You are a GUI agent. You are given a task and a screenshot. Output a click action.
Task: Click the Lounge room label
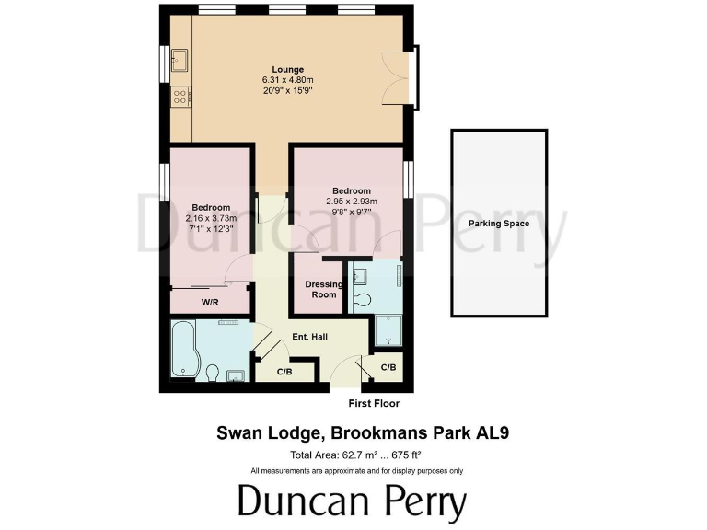(x=287, y=70)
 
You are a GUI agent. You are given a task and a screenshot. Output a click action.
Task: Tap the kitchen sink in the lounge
(x=180, y=59)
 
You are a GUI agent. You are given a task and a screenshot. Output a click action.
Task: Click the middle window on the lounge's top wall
(x=283, y=11)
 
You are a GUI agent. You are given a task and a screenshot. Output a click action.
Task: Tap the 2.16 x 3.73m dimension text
(x=211, y=218)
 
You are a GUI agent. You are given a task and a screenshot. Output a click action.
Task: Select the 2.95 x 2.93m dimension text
(x=352, y=202)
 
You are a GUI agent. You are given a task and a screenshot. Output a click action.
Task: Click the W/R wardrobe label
(x=210, y=302)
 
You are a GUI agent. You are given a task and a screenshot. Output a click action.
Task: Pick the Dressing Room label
(x=324, y=290)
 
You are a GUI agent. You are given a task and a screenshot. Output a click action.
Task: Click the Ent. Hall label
(x=309, y=337)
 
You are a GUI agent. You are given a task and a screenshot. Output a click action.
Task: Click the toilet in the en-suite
(x=362, y=299)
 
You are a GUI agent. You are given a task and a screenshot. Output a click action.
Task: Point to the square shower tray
(x=388, y=329)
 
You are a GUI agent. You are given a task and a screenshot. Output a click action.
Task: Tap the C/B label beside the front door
(x=388, y=367)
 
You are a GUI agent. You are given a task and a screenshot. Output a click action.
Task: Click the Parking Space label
(x=498, y=224)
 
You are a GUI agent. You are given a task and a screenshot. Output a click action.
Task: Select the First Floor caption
(x=374, y=403)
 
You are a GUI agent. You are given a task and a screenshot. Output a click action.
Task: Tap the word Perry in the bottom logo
(x=412, y=503)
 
